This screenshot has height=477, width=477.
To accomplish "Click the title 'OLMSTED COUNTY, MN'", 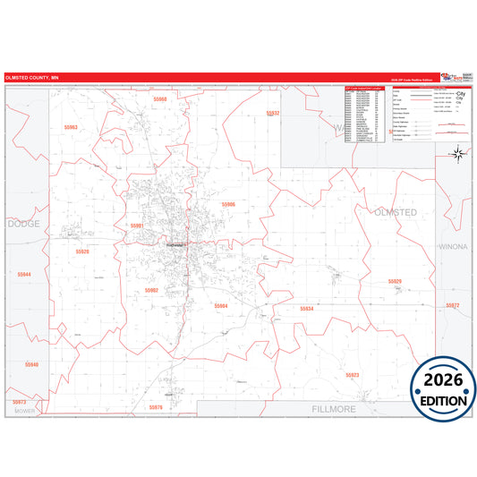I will [x=31, y=77].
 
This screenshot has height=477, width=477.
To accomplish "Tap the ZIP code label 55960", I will [x=159, y=98].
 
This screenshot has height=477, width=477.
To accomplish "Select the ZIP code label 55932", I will [x=273, y=114].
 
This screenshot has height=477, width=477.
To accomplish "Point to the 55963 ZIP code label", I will [x=71, y=128].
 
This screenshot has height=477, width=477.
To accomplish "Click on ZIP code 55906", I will [x=228, y=205].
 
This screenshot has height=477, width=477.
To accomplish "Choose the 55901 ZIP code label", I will [x=137, y=226].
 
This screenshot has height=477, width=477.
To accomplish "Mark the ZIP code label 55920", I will [x=82, y=251].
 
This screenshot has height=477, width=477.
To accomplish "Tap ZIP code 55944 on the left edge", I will [x=24, y=274].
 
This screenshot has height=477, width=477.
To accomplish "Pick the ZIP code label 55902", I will [x=151, y=290].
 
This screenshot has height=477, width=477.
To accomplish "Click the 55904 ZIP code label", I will [x=221, y=306].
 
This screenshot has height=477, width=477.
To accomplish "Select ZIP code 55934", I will [x=307, y=309].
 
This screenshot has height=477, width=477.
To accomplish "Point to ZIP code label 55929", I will [x=395, y=281].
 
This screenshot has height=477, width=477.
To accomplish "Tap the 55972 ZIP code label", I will [x=452, y=306].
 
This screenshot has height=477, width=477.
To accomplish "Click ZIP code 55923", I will [x=352, y=375].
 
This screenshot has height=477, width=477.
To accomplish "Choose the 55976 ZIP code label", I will [x=156, y=407].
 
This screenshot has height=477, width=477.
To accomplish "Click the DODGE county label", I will [x=23, y=224].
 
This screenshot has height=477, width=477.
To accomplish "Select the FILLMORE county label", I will [x=334, y=408].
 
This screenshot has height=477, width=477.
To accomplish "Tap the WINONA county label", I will [x=452, y=244].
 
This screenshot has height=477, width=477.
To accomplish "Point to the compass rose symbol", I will [x=457, y=154].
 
